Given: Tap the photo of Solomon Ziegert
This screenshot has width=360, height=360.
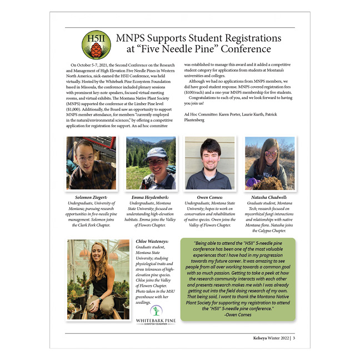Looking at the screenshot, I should coord(91,163).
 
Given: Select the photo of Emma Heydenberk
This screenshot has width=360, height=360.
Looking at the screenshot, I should coord(151,163).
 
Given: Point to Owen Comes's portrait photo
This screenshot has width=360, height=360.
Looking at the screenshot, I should coord(209,163).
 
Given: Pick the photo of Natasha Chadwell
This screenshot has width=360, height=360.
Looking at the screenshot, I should coord(269,163).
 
